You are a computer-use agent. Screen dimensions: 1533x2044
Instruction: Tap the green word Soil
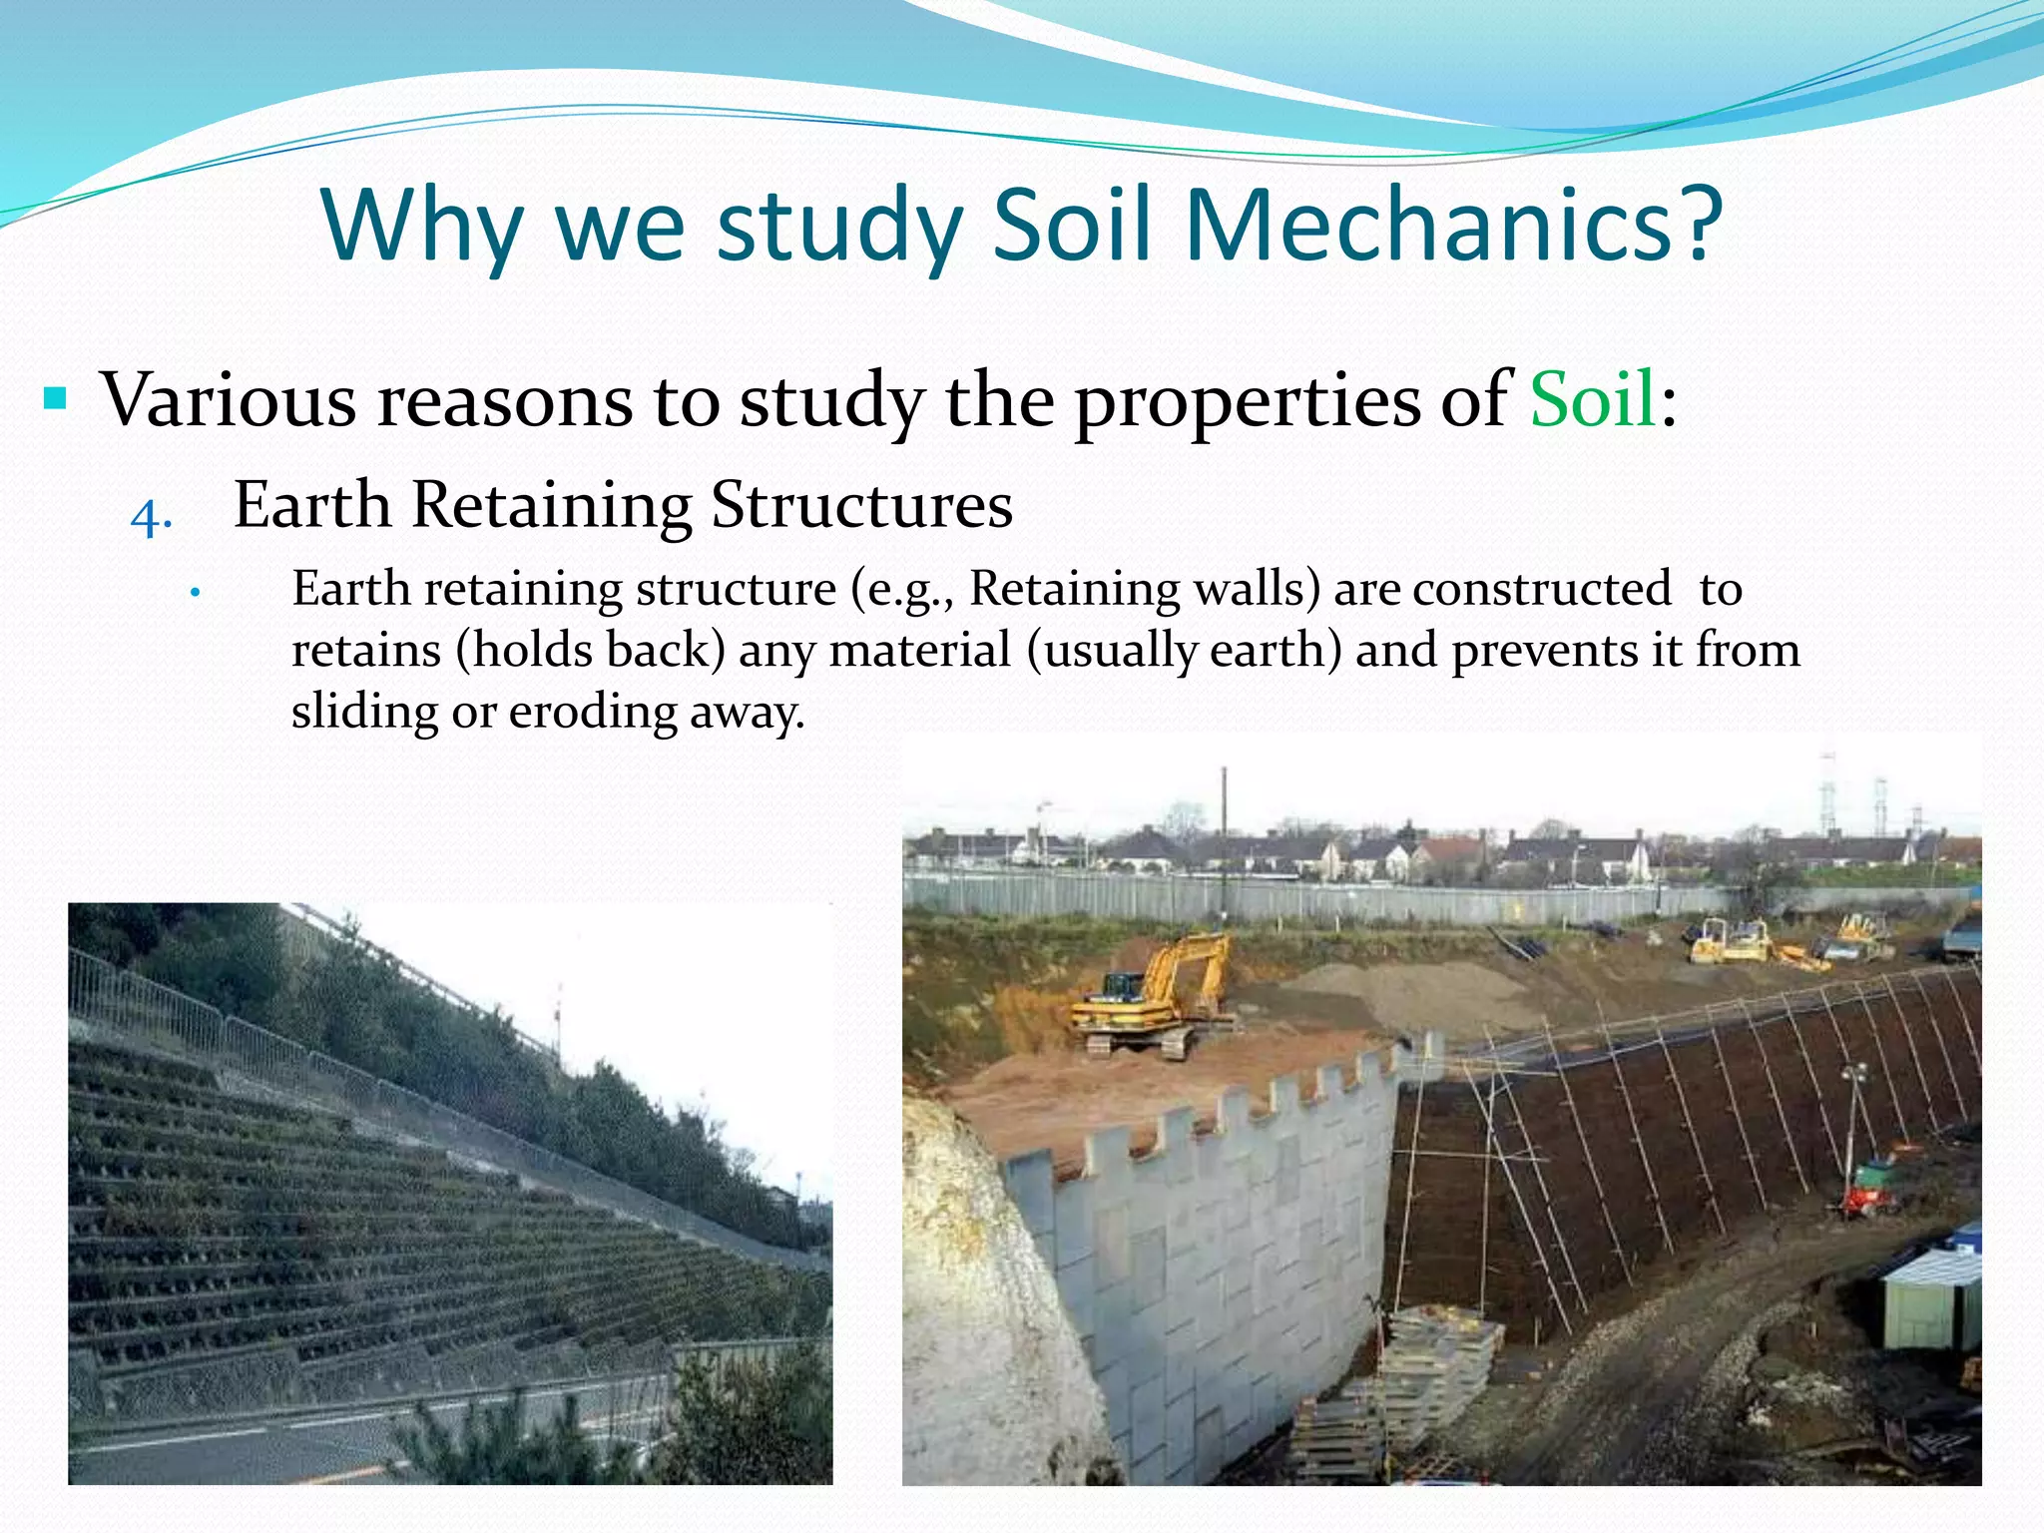(1593, 399)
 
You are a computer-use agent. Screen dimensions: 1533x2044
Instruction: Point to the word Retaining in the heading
(551, 504)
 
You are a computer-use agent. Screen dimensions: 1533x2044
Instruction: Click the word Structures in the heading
(861, 504)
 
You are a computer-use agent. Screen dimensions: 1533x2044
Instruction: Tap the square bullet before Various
(56, 400)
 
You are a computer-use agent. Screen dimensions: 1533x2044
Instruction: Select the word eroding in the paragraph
(593, 713)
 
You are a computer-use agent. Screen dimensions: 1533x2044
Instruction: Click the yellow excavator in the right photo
(1158, 998)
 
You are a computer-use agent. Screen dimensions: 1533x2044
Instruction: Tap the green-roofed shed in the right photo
(1931, 1297)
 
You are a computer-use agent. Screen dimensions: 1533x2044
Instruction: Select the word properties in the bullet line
(1249, 400)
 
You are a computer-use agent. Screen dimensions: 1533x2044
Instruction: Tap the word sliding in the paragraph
(364, 713)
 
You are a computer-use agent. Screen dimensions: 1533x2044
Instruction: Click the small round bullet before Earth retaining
(197, 593)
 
